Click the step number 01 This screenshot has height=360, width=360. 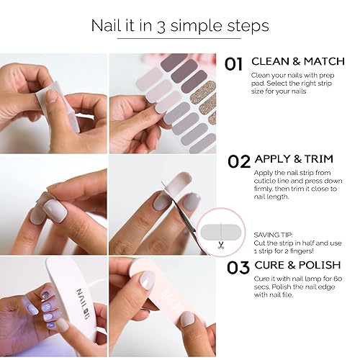pos(234,64)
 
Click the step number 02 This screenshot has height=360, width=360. pos(239,162)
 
